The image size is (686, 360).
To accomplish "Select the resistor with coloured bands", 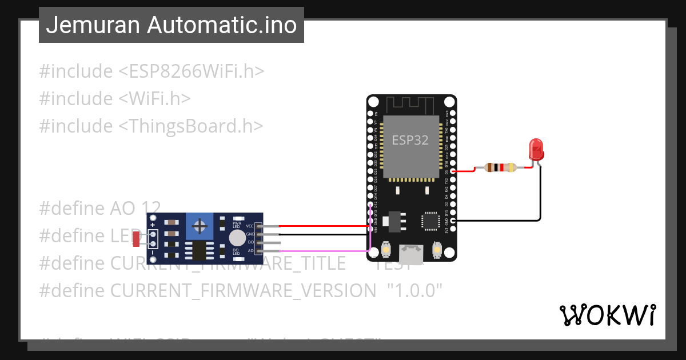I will [x=500, y=167].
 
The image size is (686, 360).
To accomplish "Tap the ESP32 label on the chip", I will [x=410, y=140].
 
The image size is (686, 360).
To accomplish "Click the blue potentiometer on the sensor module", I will [x=200, y=226].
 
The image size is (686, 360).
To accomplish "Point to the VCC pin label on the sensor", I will [x=250, y=226].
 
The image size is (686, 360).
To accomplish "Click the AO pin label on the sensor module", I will [x=250, y=250].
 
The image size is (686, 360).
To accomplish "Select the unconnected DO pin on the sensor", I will [x=269, y=242].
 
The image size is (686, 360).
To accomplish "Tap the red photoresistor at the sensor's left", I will [x=136, y=239].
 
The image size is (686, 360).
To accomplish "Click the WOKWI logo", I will [x=607, y=315].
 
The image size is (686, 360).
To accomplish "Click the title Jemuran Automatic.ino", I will [x=171, y=25].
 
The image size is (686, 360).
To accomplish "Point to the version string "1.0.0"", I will [x=415, y=290].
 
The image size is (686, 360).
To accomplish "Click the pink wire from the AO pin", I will [x=320, y=251].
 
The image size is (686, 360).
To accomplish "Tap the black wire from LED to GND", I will [x=540, y=194].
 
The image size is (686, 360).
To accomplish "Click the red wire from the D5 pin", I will [x=466, y=170].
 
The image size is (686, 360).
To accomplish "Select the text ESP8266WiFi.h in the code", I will [x=192, y=71].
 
